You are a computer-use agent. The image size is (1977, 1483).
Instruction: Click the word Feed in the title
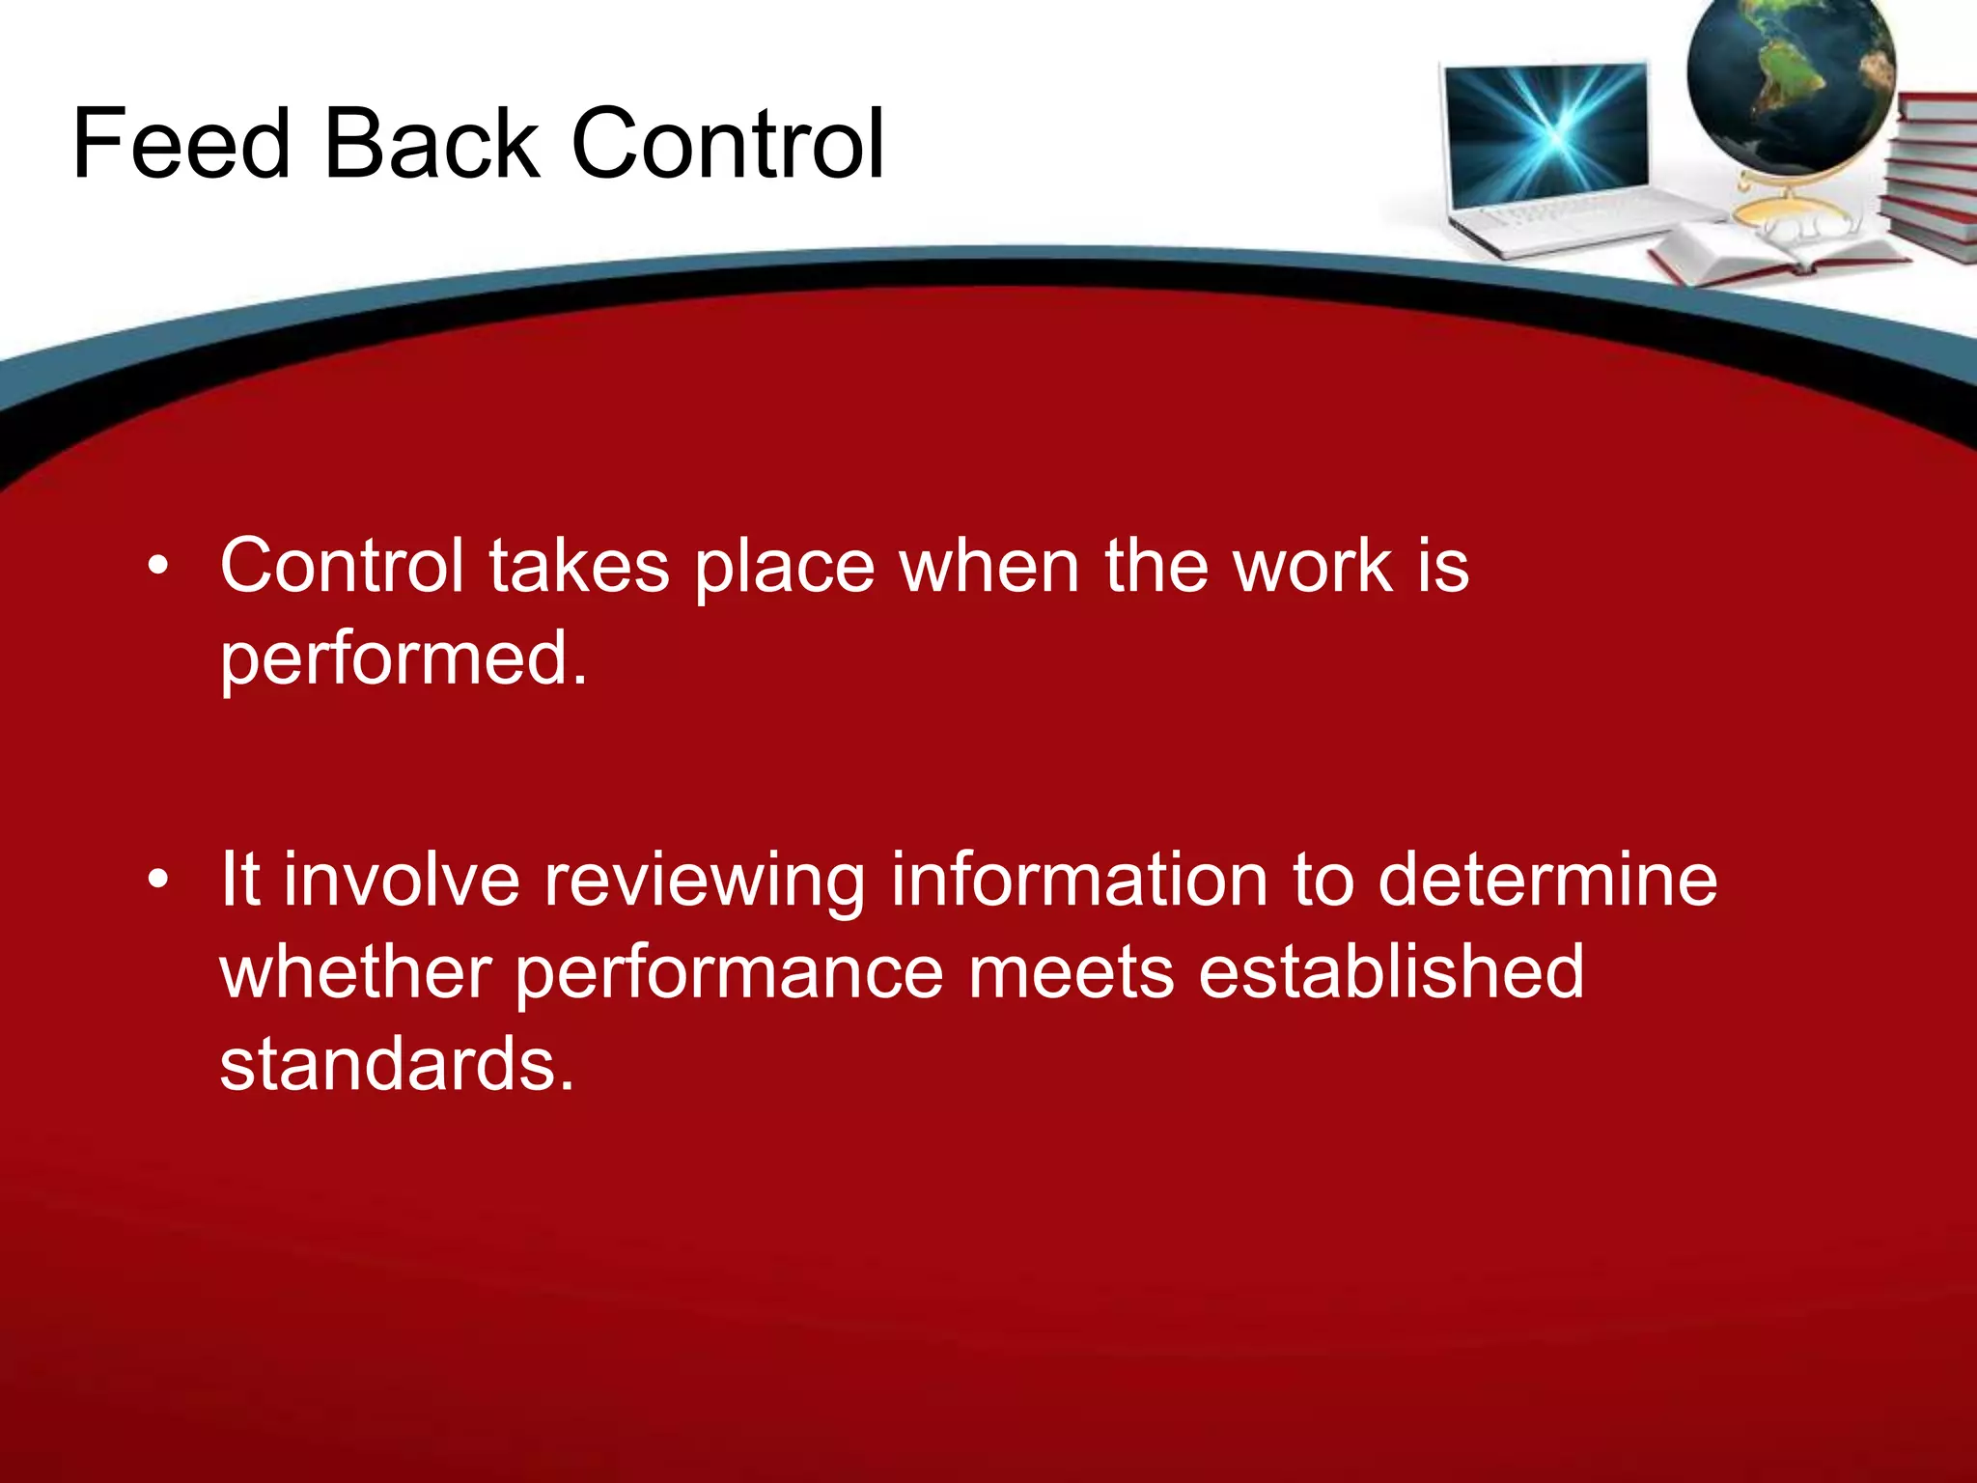tap(181, 145)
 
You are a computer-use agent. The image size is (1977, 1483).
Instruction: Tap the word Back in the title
tap(432, 145)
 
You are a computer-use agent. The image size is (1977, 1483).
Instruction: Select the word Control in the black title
tap(728, 145)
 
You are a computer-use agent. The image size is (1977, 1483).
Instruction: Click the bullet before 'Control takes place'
tap(158, 567)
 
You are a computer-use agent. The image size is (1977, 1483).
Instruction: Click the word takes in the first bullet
tap(579, 567)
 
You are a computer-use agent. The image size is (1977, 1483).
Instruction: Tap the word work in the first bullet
tap(1313, 567)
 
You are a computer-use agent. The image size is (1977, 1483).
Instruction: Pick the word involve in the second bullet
tap(402, 881)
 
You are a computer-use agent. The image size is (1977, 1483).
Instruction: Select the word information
tap(1078, 881)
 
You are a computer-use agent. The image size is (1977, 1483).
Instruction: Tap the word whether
tap(356, 972)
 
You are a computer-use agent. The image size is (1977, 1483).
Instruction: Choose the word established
tap(1390, 972)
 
